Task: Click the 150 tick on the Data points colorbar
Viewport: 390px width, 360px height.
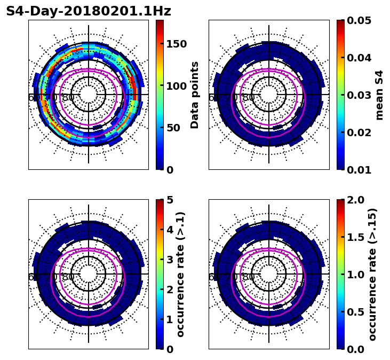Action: tap(177, 44)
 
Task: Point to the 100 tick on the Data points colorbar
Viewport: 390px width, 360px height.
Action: tap(177, 86)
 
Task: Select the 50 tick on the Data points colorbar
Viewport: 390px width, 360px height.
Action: tap(173, 128)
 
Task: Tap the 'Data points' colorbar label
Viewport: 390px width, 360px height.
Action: tap(195, 95)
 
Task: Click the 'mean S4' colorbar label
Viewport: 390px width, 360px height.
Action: tap(379, 95)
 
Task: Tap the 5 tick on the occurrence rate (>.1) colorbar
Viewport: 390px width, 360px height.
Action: tap(170, 200)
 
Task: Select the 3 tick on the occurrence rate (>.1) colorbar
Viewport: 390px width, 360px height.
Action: tap(170, 260)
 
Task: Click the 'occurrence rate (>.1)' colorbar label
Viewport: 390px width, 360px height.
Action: tap(180, 274)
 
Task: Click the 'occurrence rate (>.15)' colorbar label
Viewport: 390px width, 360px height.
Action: tap(372, 274)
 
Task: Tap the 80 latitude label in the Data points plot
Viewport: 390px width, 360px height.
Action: tap(68, 98)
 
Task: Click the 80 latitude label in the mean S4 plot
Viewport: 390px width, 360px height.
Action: tap(249, 98)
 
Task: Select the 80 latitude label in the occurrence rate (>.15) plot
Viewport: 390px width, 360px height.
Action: tap(249, 277)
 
